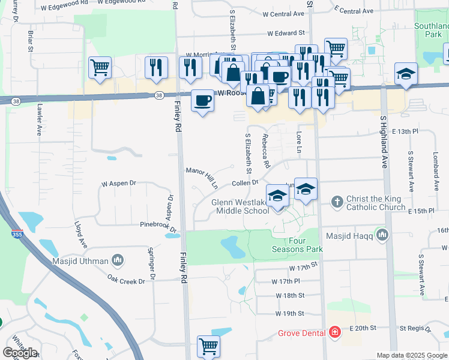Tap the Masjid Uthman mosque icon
(118, 260)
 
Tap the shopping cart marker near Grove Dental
(208, 346)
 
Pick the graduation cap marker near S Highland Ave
(406, 74)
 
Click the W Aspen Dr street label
(119, 183)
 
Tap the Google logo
(20, 353)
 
